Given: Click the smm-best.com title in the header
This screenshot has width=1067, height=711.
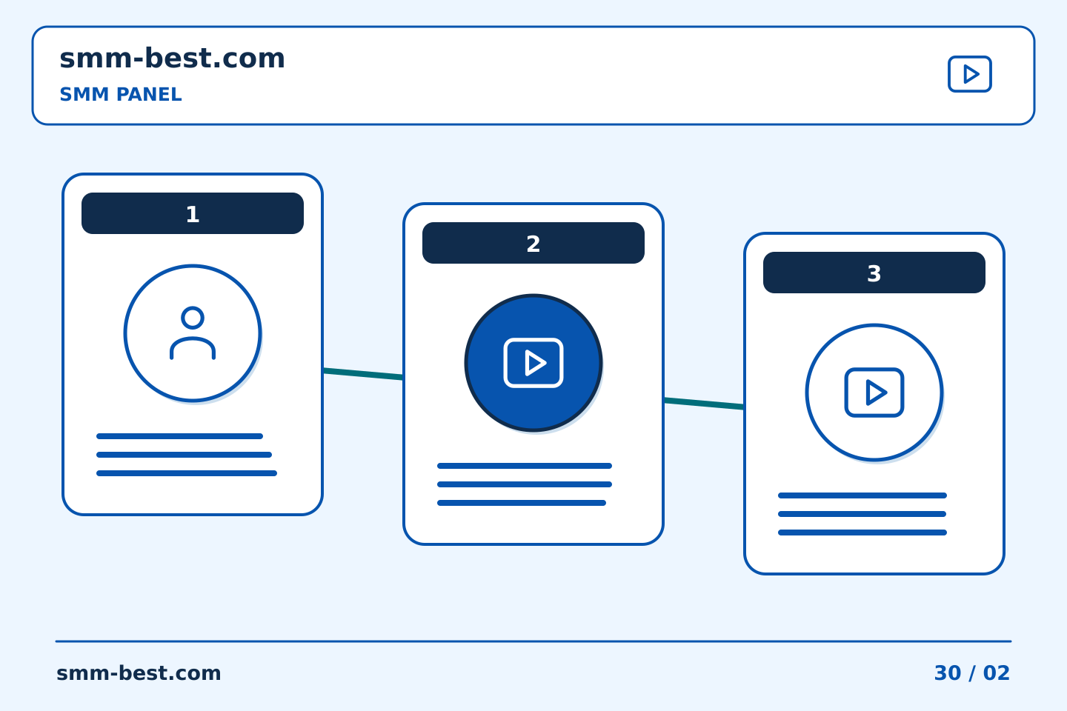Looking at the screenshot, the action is click(x=172, y=59).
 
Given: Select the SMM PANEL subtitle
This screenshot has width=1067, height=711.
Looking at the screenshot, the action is click(x=121, y=94).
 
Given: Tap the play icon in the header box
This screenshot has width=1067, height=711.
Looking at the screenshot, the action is click(x=969, y=74).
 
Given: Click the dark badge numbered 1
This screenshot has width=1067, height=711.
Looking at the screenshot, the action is click(x=193, y=213).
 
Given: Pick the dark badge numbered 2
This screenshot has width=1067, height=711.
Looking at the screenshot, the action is click(x=533, y=243).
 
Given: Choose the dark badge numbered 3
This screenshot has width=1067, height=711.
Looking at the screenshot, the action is click(x=874, y=273).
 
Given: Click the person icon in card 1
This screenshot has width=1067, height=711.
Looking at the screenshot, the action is click(x=193, y=333).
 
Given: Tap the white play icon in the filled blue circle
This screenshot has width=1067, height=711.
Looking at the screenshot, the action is click(x=533, y=363).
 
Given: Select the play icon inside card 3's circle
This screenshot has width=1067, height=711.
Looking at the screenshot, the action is click(x=874, y=393).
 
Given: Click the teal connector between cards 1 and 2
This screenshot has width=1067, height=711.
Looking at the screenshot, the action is click(x=363, y=374).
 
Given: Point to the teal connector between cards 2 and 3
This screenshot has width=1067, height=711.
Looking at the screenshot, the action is click(x=704, y=404).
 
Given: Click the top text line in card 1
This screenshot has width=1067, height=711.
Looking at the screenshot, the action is click(x=179, y=436).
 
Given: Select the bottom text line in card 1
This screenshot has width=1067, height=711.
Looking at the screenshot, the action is click(x=187, y=473).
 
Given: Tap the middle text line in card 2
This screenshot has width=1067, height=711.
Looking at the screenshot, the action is click(x=525, y=484).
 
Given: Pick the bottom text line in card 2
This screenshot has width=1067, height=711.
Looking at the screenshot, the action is click(x=522, y=503).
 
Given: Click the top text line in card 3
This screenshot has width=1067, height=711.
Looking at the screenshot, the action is click(x=862, y=495).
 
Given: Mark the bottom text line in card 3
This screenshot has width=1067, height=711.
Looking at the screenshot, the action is click(x=862, y=533).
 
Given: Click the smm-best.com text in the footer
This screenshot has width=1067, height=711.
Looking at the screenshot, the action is click(x=139, y=673).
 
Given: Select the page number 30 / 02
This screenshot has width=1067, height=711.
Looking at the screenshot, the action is click(x=971, y=673).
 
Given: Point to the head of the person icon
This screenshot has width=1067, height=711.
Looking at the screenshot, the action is click(x=193, y=318).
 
